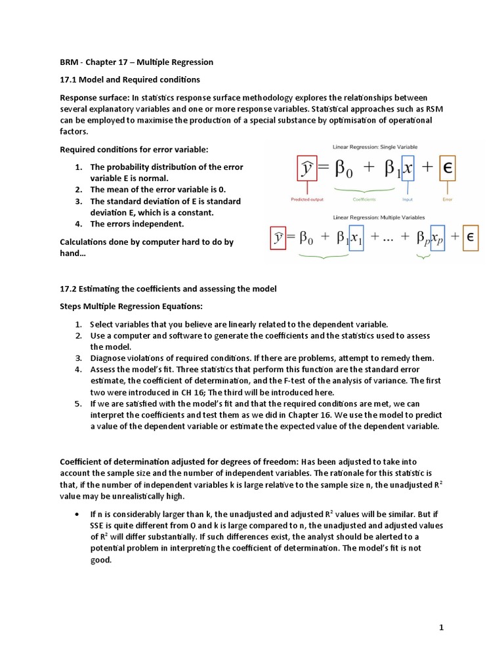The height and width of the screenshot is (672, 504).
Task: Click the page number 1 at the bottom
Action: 442,628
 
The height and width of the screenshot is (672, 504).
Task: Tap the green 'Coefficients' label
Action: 364,199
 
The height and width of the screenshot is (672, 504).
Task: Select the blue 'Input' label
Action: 407,199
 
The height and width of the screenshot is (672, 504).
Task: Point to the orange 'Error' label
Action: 448,199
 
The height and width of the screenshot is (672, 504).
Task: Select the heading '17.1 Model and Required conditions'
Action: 130,80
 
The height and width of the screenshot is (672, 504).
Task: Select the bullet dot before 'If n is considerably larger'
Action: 78,513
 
